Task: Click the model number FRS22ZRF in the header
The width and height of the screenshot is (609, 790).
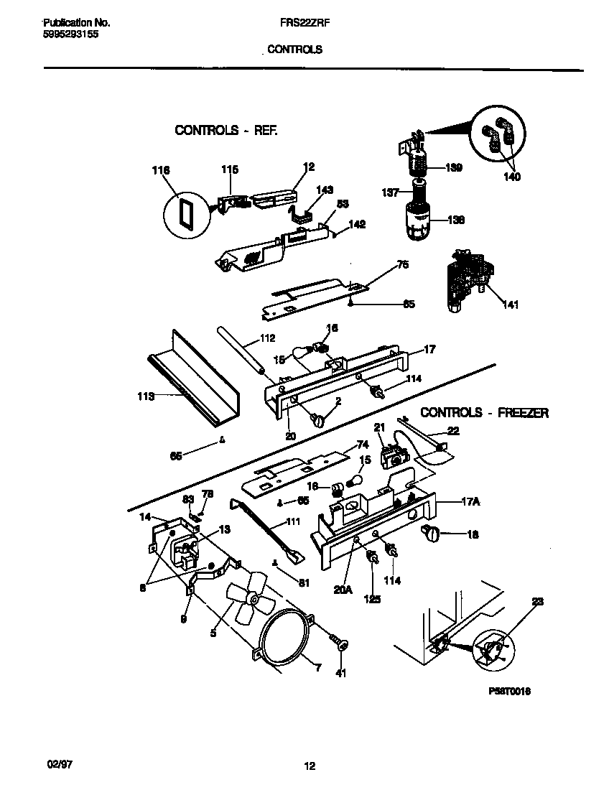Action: pyautogui.click(x=299, y=22)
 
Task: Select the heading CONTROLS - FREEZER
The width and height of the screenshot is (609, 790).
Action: pyautogui.click(x=484, y=413)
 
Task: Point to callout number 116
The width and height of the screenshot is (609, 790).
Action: pyautogui.click(x=161, y=171)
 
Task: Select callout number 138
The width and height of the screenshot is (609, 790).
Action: pyautogui.click(x=455, y=220)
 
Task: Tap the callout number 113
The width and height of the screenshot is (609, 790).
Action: pyautogui.click(x=146, y=395)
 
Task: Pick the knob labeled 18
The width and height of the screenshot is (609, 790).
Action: pyautogui.click(x=432, y=533)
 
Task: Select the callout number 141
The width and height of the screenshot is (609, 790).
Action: pyautogui.click(x=511, y=305)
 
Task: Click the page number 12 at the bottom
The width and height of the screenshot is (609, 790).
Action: pyautogui.click(x=310, y=766)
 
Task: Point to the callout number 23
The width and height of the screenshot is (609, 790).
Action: pyautogui.click(x=538, y=603)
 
